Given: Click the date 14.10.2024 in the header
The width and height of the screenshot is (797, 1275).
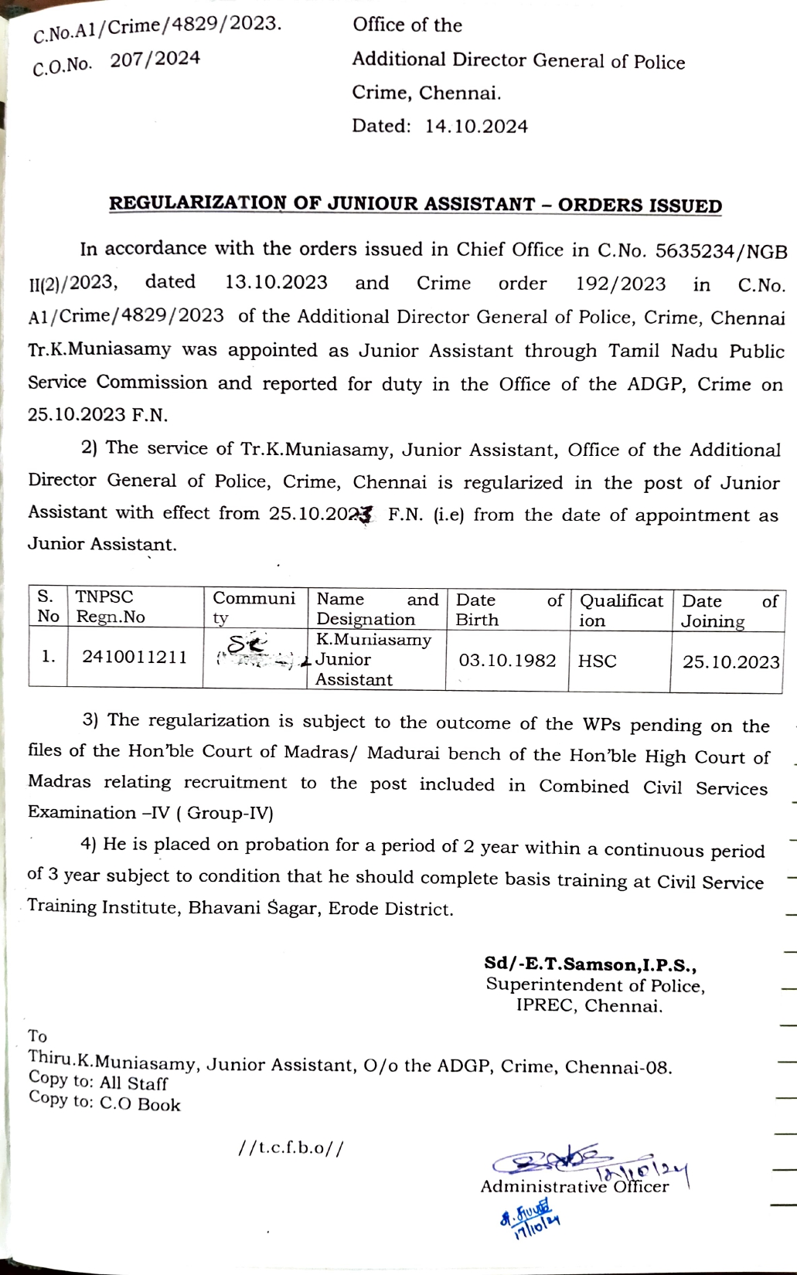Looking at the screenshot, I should click(x=476, y=127).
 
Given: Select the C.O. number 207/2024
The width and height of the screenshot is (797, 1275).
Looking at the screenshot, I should click(x=155, y=59).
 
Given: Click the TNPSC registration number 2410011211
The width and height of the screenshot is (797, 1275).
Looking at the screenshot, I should click(x=135, y=658).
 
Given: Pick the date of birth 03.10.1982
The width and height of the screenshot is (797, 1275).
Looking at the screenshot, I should click(x=507, y=661).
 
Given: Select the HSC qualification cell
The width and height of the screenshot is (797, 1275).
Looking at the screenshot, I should click(x=598, y=661).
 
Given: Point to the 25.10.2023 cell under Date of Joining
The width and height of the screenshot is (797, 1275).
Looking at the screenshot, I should click(x=731, y=662).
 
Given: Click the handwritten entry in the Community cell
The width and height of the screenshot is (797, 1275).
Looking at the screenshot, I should click(x=249, y=649).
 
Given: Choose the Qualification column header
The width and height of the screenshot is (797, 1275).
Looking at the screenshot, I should click(x=621, y=610).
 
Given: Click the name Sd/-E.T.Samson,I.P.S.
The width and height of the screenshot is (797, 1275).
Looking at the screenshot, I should click(x=591, y=964).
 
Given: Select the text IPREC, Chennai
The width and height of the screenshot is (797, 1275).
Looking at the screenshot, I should click(x=589, y=1006).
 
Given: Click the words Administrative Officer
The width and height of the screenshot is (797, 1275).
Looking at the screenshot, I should click(x=574, y=1187).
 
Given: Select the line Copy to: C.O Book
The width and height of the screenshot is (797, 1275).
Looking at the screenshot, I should click(x=104, y=1101).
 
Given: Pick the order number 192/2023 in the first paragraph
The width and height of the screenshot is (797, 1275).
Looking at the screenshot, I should click(x=620, y=284).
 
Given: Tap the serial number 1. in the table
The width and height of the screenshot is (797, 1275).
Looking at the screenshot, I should click(x=48, y=658).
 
